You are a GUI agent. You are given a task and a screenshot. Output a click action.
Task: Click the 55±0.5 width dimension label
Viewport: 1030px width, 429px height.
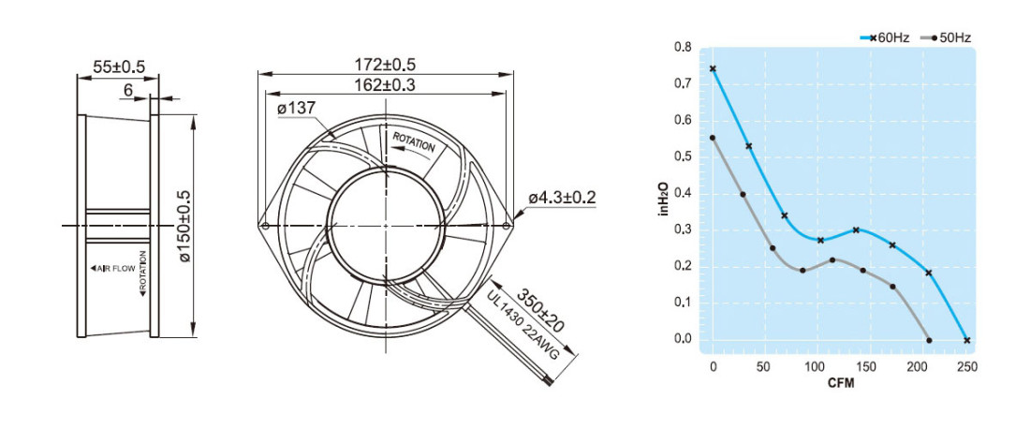tap(118, 67)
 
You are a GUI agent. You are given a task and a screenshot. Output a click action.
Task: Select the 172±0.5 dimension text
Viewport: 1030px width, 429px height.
tap(386, 65)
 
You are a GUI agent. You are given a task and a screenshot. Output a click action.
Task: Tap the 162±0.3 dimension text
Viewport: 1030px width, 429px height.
tap(386, 84)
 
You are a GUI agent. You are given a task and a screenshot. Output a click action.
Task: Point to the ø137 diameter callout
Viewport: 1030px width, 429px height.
tap(297, 109)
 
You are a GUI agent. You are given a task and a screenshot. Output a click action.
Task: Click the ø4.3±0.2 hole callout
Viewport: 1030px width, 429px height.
tap(563, 197)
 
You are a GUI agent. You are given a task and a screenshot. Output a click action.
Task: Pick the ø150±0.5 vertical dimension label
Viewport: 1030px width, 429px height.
tap(184, 226)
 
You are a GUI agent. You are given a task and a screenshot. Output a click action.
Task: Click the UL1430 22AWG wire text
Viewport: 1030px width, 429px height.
tap(522, 324)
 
